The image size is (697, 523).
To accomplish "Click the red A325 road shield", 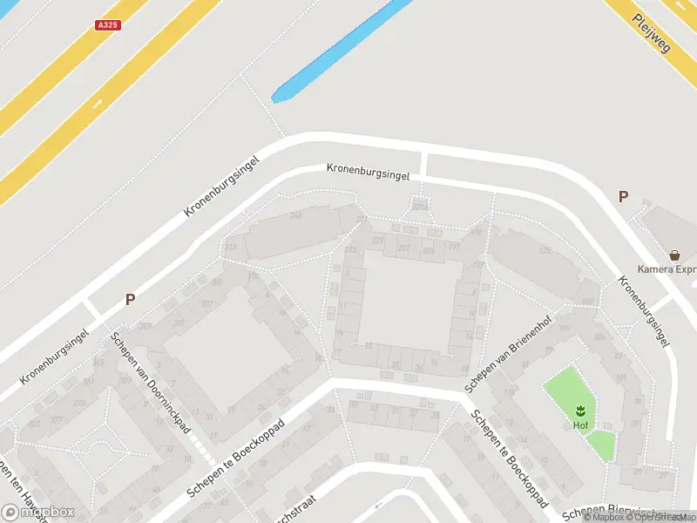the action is (x=107, y=26).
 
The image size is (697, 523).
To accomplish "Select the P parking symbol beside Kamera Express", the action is (x=623, y=197).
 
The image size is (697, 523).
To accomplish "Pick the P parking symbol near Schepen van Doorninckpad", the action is (x=130, y=299).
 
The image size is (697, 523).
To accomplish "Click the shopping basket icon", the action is (x=674, y=255).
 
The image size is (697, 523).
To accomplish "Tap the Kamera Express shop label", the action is (x=667, y=269).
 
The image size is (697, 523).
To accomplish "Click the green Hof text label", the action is (x=579, y=425).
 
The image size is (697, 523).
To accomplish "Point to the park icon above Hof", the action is (x=579, y=410).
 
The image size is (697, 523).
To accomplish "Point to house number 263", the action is (x=295, y=215).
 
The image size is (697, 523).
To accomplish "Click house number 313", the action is (x=230, y=248).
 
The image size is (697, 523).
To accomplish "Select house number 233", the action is (x=350, y=250).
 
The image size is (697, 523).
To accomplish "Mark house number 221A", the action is (x=421, y=206).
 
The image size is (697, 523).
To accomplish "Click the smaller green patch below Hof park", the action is (x=600, y=445).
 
